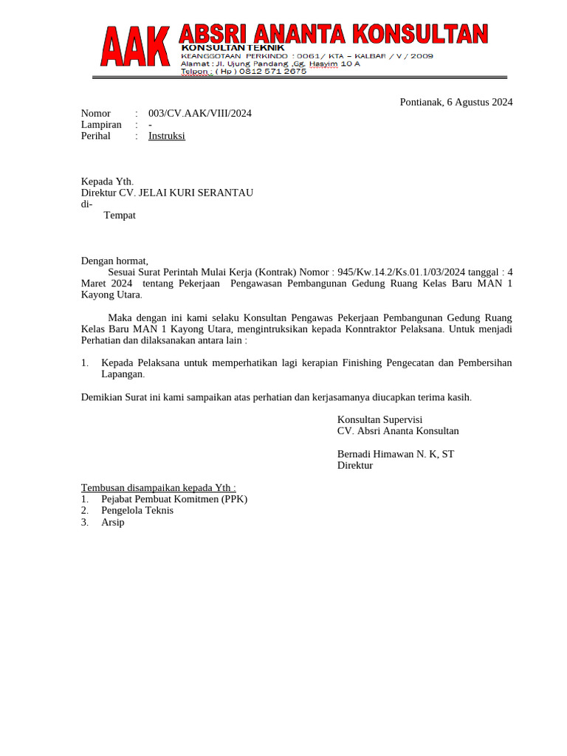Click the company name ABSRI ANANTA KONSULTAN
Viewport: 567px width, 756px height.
coord(334,34)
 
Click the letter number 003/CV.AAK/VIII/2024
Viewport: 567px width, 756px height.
coord(200,113)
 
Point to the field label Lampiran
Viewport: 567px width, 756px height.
coord(101,125)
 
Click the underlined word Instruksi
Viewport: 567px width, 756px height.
coord(167,136)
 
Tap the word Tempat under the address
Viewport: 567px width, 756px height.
coord(120,216)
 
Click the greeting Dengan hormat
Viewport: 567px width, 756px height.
coord(114,261)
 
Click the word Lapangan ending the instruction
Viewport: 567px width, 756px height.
coord(123,374)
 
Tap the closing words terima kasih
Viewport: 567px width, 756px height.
coord(447,397)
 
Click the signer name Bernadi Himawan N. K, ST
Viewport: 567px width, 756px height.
coord(396,454)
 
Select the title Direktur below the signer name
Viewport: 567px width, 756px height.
coord(355,465)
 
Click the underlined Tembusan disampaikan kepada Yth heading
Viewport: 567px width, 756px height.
coord(158,488)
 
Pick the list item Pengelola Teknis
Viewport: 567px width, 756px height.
coord(137,510)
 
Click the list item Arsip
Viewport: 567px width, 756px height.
coord(113,522)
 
